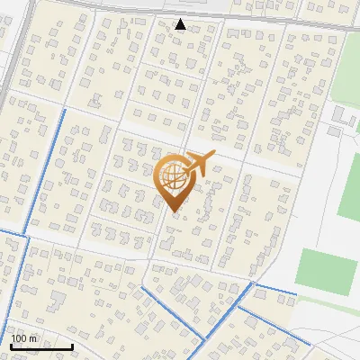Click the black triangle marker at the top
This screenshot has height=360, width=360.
tap(181, 24)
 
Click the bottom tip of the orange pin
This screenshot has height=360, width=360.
tap(174, 211)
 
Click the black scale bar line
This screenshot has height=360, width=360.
tap(40, 346)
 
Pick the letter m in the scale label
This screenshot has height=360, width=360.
tap(33, 338)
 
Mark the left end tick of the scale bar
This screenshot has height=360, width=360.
tap(10, 345)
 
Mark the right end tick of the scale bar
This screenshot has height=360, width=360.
tap(72, 345)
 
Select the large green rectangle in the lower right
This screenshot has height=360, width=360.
tap(325, 272)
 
